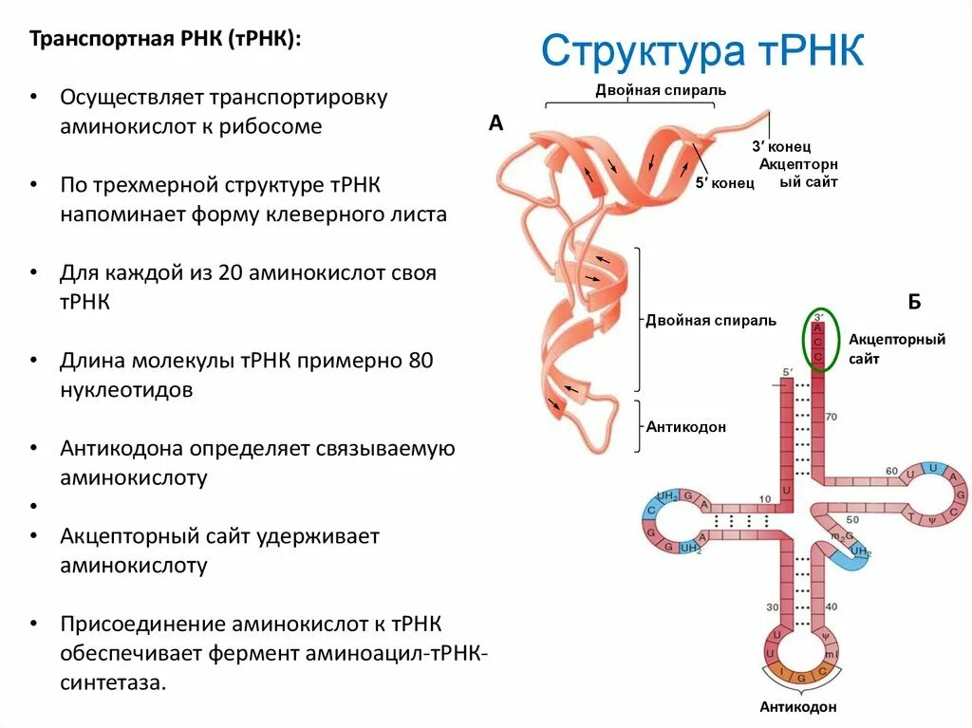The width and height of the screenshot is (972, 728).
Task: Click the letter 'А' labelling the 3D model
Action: click(x=495, y=122)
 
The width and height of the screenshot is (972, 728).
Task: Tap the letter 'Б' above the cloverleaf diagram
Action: click(x=914, y=302)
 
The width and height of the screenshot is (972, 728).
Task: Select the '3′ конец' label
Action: click(x=780, y=147)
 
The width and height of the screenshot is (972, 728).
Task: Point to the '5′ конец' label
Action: click(x=724, y=183)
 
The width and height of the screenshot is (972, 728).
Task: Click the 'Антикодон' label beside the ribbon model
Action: click(x=686, y=427)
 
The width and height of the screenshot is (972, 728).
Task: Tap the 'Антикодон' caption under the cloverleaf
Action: click(x=798, y=707)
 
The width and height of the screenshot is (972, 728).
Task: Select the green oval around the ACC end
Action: click(x=819, y=340)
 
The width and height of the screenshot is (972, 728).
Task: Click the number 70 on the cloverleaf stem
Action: click(x=832, y=416)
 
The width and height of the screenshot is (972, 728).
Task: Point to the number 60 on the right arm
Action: click(x=891, y=471)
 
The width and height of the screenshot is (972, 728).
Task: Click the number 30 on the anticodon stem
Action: click(x=772, y=607)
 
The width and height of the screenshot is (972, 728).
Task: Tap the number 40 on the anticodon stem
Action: click(x=832, y=607)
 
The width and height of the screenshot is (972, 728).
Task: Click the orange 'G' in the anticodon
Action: click(x=800, y=677)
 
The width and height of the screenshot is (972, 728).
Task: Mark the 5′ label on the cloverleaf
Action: click(x=787, y=372)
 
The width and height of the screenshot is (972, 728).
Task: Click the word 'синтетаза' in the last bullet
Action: click(x=112, y=682)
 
